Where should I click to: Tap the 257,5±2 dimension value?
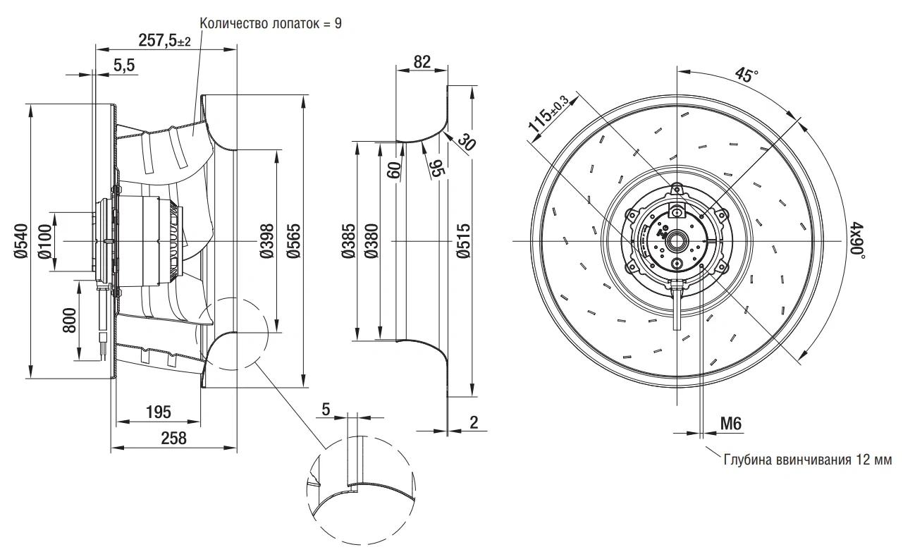(164, 40)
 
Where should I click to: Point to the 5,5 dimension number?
(124, 65)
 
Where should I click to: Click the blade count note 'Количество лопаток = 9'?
(271, 23)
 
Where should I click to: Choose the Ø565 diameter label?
(293, 240)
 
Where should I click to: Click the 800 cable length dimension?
(70, 320)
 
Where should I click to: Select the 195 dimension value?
(159, 412)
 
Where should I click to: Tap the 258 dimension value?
(173, 438)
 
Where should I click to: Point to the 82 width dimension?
(422, 62)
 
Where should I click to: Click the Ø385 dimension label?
(348, 240)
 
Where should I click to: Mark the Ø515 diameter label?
(464, 240)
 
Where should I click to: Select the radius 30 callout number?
(467, 142)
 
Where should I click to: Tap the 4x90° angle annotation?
(858, 240)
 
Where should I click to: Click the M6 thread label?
(731, 424)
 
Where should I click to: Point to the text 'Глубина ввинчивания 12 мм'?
(808, 460)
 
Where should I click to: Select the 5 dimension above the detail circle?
(326, 410)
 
